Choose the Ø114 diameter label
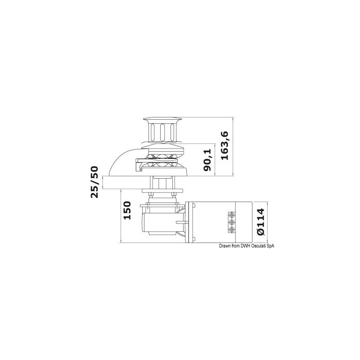point(261,221)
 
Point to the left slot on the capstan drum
point(154,132)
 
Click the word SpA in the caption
point(270,246)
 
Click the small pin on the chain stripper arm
point(140,169)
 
